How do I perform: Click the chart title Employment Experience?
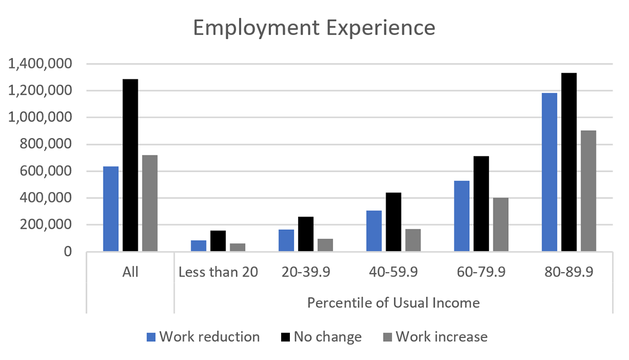click(x=314, y=28)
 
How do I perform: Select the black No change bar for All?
click(x=130, y=165)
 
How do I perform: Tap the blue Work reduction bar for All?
click(x=110, y=209)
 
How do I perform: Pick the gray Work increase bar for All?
click(x=150, y=204)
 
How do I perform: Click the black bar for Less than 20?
click(x=218, y=241)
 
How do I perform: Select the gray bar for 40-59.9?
click(x=413, y=240)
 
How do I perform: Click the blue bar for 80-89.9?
click(x=549, y=172)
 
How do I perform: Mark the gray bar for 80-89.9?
click(x=589, y=191)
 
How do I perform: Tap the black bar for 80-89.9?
click(x=569, y=162)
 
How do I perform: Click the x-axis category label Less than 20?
click(x=218, y=272)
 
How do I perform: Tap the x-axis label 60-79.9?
click(x=481, y=272)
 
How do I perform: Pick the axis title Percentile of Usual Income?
click(x=393, y=303)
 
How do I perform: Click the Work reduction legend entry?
click(x=209, y=336)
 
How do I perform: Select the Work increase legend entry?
click(x=441, y=336)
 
